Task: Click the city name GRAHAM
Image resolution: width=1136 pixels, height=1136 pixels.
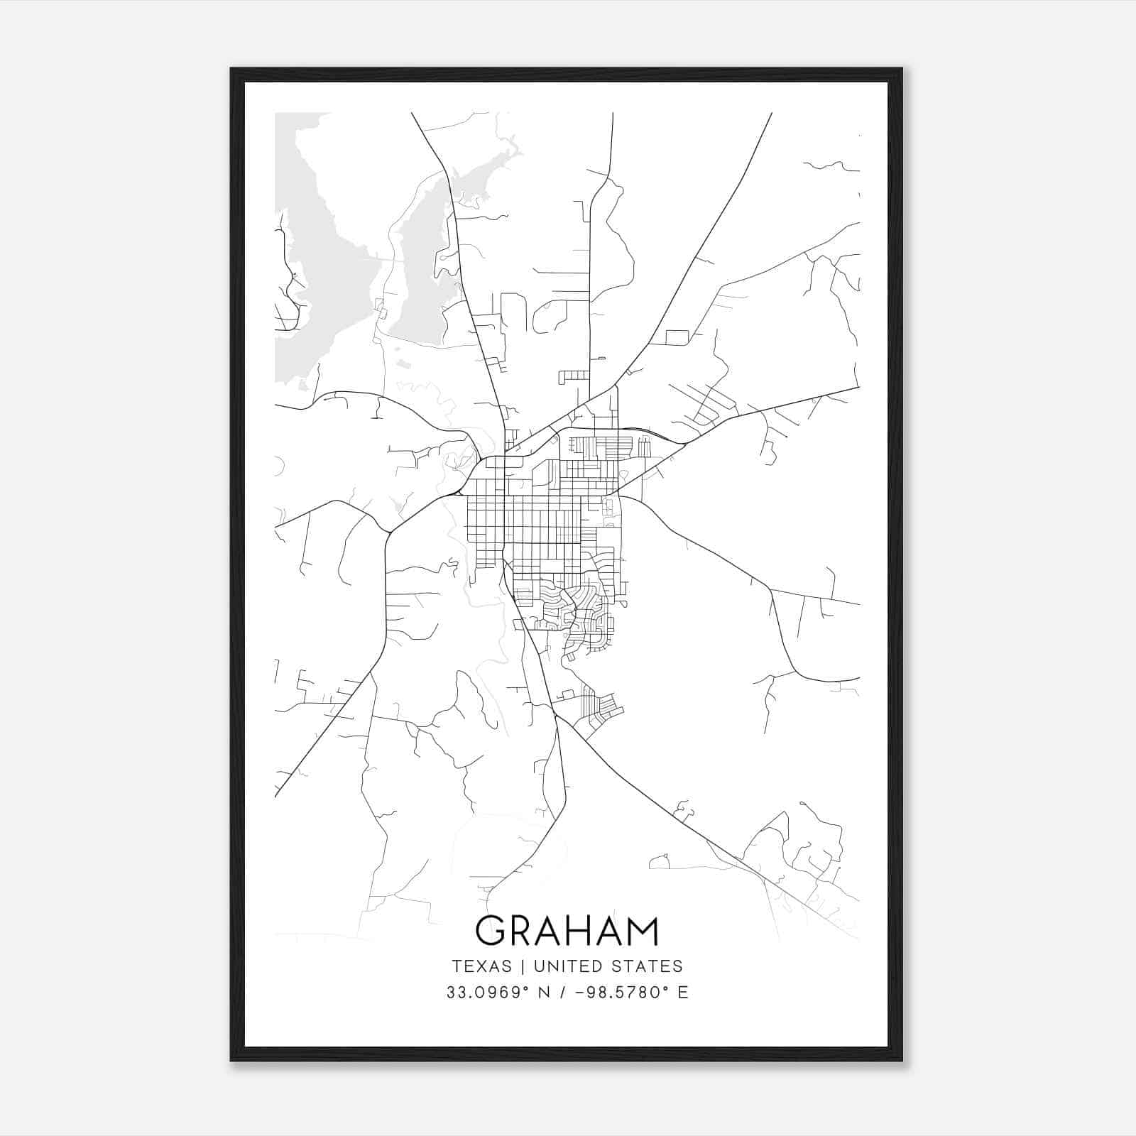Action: (x=567, y=931)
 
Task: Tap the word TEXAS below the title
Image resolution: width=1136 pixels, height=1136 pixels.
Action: (x=481, y=966)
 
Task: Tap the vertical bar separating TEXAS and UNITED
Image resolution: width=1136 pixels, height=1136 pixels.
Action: (x=523, y=966)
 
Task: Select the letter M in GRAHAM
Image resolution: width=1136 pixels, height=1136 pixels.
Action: (x=642, y=931)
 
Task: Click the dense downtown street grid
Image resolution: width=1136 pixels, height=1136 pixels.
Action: (x=540, y=525)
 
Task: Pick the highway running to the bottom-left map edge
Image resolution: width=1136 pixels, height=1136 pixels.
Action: (x=319, y=738)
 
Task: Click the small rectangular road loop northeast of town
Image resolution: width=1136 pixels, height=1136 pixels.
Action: (x=678, y=337)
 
